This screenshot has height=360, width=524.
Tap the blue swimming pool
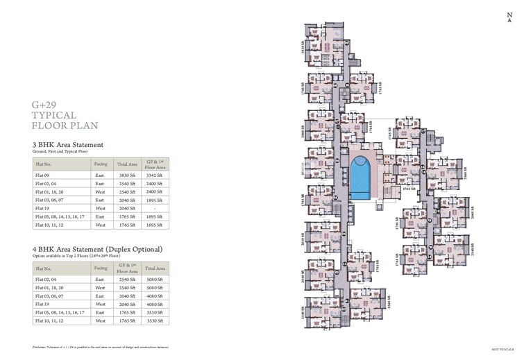tap(360, 176)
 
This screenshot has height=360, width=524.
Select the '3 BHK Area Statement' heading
tap(68, 144)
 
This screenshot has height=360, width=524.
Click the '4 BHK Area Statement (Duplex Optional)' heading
tap(97, 248)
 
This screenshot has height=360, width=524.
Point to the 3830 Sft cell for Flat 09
tap(126, 175)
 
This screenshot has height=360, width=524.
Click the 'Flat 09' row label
tap(43, 175)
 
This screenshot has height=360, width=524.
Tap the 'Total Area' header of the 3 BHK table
tap(126, 164)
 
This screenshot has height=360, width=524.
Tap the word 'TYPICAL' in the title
tap(53, 115)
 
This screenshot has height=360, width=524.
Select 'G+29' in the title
tap(44, 104)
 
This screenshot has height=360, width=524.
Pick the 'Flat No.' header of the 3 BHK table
tap(43, 164)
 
